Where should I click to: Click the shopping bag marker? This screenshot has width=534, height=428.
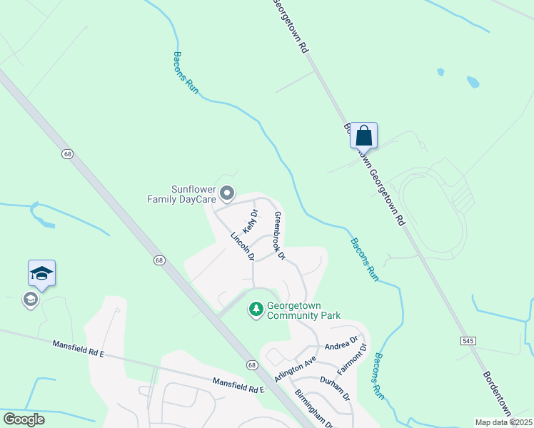363,135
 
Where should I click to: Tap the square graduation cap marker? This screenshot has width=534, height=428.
41,273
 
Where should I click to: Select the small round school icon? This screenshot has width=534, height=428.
30,300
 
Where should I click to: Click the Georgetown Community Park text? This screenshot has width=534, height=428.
303,310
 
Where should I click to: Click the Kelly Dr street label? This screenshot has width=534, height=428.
250,222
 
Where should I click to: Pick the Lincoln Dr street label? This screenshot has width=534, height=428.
243,246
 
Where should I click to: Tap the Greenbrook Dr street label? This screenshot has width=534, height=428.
279,235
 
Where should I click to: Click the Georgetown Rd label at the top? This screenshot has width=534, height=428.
291,26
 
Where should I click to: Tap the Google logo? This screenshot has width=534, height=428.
24,419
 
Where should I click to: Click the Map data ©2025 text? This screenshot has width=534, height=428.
503,422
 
